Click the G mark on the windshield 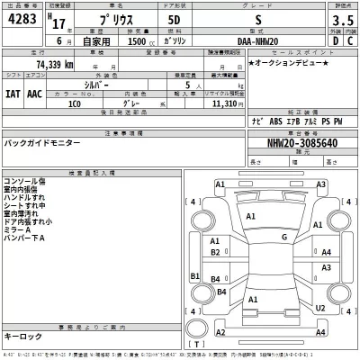tap(283, 238)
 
